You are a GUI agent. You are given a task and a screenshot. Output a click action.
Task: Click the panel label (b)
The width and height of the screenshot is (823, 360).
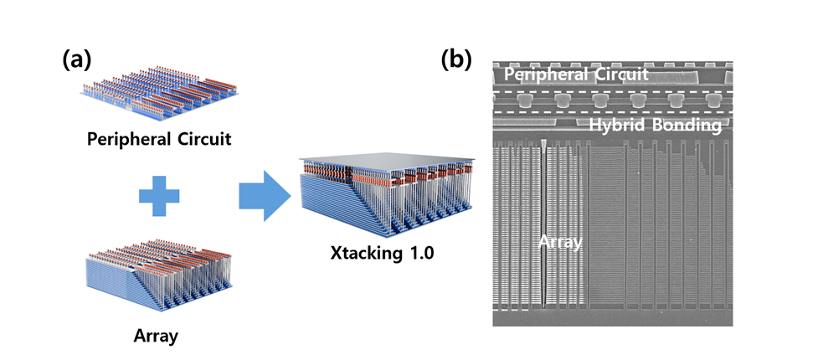pyautogui.click(x=456, y=59)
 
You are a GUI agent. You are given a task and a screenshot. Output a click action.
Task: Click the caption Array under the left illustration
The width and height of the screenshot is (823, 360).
pyautogui.click(x=157, y=337)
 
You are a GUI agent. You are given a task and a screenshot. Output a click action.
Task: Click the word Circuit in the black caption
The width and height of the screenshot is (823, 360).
pyautogui.click(x=198, y=136)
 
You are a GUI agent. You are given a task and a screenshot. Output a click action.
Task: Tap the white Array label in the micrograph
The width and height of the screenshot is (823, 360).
pyautogui.click(x=560, y=243)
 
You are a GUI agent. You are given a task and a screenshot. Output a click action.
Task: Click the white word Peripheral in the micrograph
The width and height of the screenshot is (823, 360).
pyautogui.click(x=544, y=74)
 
